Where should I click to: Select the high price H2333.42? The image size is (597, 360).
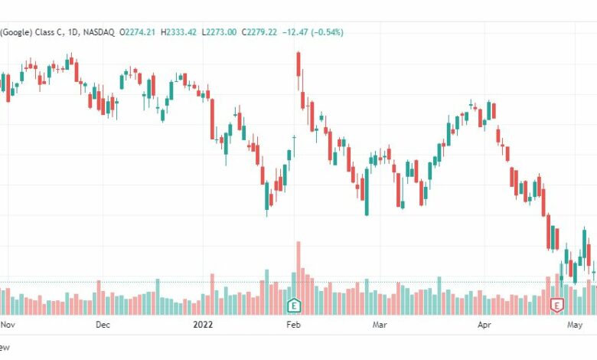181,32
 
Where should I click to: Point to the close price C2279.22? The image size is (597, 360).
259,32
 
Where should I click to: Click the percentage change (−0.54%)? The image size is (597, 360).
327,32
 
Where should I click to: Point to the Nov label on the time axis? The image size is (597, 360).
8,325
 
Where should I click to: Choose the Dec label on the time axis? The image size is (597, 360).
103,325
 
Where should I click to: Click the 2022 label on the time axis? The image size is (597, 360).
203,325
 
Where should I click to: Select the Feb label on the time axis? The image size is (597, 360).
292,325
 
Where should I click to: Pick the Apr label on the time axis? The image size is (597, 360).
483,325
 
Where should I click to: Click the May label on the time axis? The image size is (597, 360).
576,325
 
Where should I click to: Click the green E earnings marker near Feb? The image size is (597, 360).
292,306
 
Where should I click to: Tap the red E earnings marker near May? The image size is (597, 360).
556,306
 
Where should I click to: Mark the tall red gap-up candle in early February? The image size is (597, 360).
298,64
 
